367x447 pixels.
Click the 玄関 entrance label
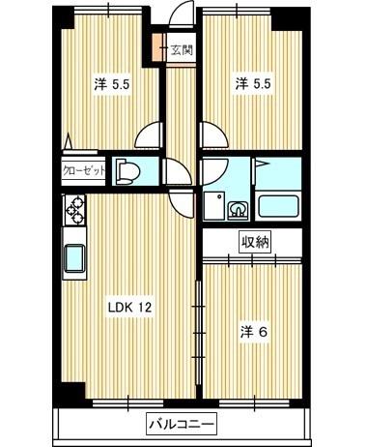coord(182,49)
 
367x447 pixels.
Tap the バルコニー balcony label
coord(182,424)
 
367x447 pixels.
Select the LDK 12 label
coord(129,308)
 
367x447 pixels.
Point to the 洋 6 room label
coord(254,332)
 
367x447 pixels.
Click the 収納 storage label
coord(255,242)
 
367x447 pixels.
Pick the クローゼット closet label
coord(84,170)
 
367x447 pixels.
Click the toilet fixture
coord(127,171)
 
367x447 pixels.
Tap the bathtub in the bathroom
coord(278,206)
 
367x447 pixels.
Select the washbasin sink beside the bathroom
coord(238,211)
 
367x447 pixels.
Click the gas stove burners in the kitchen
coord(74,210)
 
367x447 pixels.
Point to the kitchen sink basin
coord(74,259)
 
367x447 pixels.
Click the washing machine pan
coord(214,206)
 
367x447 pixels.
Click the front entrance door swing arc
coord(181,14)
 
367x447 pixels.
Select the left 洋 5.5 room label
coord(112,85)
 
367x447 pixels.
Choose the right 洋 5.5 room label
coord(253,84)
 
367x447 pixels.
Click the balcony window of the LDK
coord(128,403)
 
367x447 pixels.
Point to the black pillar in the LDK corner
coord(73,391)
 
